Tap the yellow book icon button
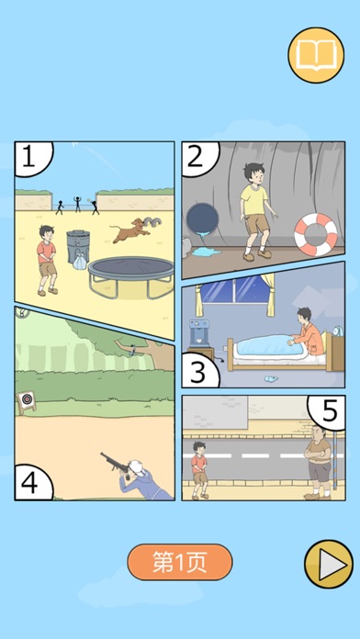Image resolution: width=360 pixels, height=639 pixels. pyautogui.click(x=316, y=55)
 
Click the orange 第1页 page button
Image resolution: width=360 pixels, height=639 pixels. pyautogui.click(x=180, y=562)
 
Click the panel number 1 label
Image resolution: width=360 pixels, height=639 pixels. pyautogui.click(x=29, y=157)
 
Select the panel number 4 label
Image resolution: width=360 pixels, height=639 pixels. pyautogui.click(x=29, y=483)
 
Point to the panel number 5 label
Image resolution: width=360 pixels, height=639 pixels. pyautogui.click(x=330, y=411)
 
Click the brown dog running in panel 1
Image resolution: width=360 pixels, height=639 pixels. pyautogui.click(x=130, y=230)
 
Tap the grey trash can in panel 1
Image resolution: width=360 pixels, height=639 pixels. pyautogui.click(x=78, y=247)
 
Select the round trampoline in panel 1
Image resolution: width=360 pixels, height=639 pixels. pyautogui.click(x=131, y=275)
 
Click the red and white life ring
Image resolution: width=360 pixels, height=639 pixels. pyautogui.click(x=316, y=234)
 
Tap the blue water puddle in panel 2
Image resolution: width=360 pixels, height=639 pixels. pyautogui.click(x=206, y=252)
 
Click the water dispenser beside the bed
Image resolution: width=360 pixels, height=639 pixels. pyautogui.click(x=199, y=334)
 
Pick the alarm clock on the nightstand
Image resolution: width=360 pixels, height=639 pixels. pyautogui.click(x=338, y=331)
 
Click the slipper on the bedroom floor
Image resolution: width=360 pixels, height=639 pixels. pyautogui.click(x=271, y=379)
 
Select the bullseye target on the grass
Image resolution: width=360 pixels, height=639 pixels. pyautogui.click(x=27, y=402)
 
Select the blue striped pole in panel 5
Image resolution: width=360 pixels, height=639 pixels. pyautogui.click(x=335, y=461)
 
